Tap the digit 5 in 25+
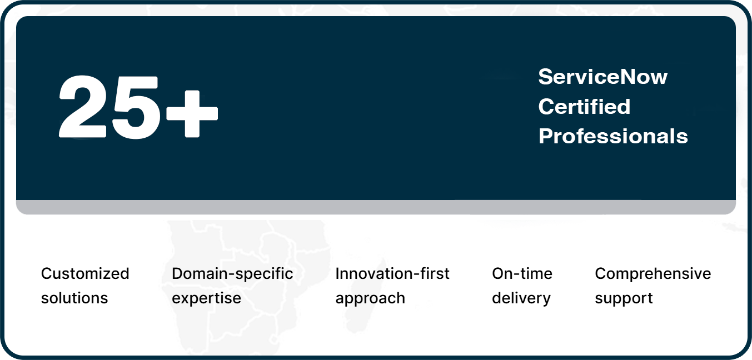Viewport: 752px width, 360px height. (x=135, y=107)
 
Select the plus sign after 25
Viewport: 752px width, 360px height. (x=192, y=114)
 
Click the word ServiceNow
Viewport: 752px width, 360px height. (x=602, y=77)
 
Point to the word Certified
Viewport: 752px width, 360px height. (x=584, y=106)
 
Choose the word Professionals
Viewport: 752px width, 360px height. (x=613, y=136)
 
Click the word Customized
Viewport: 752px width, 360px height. (x=85, y=273)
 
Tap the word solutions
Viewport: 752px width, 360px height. (x=74, y=298)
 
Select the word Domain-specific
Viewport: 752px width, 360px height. (x=232, y=274)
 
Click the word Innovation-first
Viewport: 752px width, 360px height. (x=392, y=273)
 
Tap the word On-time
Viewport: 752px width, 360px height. (x=522, y=273)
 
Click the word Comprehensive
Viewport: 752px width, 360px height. (x=653, y=274)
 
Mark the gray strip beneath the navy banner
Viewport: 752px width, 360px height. (x=376, y=207)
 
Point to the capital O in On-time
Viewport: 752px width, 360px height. (x=499, y=273)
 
